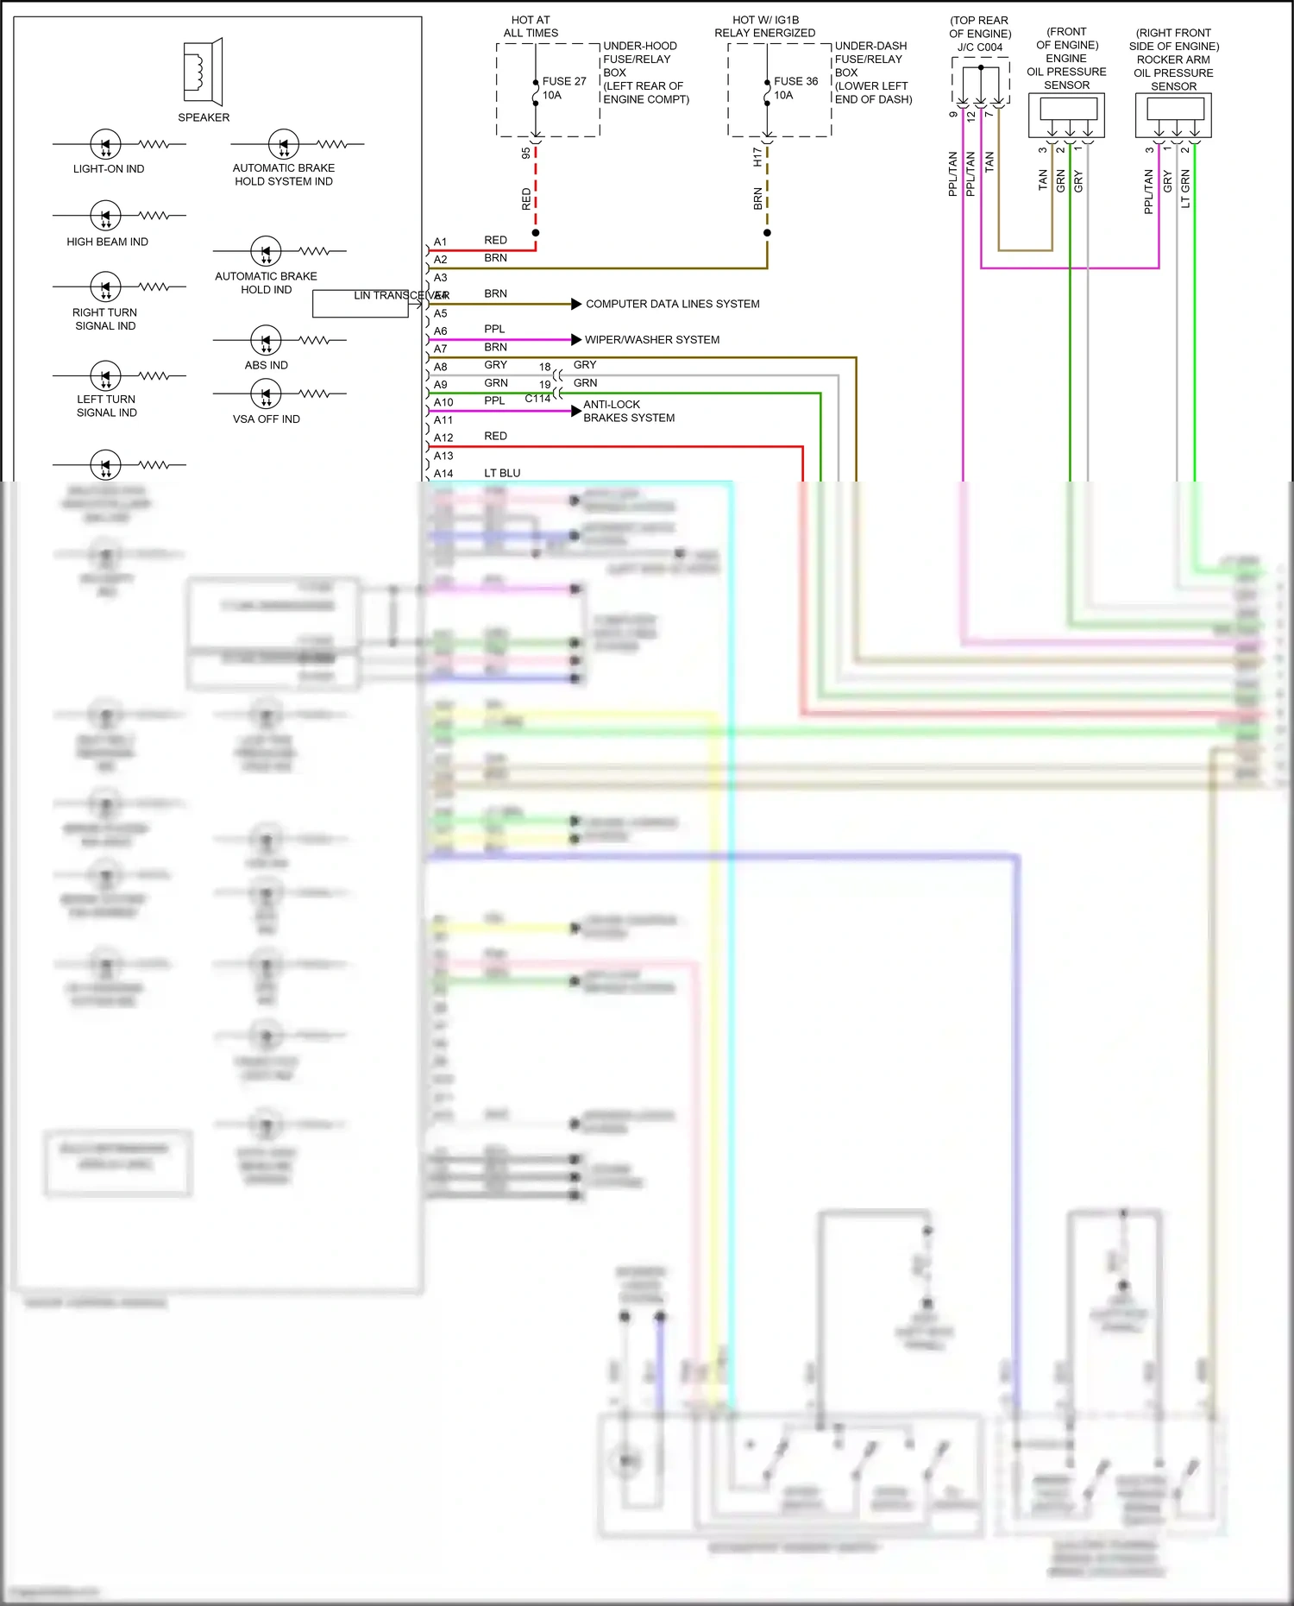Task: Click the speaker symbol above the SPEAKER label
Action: [204, 71]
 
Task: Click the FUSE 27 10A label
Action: [563, 88]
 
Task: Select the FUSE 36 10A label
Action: [795, 88]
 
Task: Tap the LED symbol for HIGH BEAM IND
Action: [105, 215]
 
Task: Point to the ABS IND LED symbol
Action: [266, 340]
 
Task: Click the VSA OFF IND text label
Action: [266, 419]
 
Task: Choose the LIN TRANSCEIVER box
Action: [361, 304]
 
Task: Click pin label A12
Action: [443, 438]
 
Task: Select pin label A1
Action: [440, 242]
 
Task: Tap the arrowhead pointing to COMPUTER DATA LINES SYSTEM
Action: [576, 304]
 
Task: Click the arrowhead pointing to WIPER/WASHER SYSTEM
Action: [576, 339]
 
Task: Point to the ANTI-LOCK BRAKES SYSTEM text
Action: [628, 411]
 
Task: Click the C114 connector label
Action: [537, 399]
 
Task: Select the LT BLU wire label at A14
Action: [502, 473]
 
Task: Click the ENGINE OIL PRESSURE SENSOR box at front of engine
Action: [1066, 115]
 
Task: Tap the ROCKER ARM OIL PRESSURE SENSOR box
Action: [1173, 115]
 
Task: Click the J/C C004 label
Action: [980, 47]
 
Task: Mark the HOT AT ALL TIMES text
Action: [531, 26]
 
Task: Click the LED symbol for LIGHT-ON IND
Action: [105, 144]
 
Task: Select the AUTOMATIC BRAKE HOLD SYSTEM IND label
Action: [283, 174]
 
